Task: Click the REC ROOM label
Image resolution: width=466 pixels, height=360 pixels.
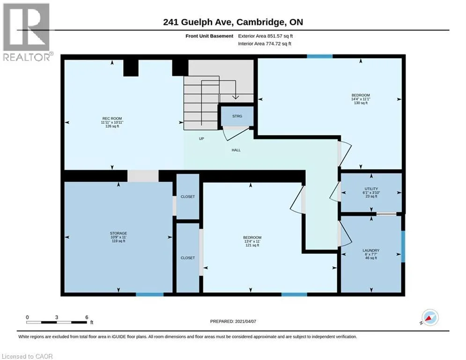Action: tap(112, 119)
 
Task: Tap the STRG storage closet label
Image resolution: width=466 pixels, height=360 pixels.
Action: tap(237, 116)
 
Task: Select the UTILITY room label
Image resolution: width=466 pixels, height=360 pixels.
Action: tap(371, 188)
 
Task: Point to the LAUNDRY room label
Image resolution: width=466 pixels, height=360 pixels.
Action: tap(371, 250)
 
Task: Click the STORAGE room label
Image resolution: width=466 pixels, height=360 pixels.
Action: tap(118, 233)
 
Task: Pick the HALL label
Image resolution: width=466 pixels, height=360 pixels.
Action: tap(236, 150)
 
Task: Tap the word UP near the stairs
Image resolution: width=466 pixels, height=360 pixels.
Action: tap(201, 139)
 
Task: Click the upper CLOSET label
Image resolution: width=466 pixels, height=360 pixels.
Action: tap(188, 197)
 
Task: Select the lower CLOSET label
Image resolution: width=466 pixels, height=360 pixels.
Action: tap(188, 258)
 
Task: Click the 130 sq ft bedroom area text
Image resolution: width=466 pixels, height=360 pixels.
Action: tap(361, 103)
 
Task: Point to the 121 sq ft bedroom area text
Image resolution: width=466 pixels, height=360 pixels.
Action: tap(252, 245)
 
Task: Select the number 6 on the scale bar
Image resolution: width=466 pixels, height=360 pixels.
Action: tap(87, 317)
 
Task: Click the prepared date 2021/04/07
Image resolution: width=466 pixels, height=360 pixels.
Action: tap(245, 321)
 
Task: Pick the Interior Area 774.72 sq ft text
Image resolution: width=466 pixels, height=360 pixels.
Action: tap(265, 44)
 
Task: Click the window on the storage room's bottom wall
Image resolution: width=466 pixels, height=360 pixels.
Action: tap(150, 294)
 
